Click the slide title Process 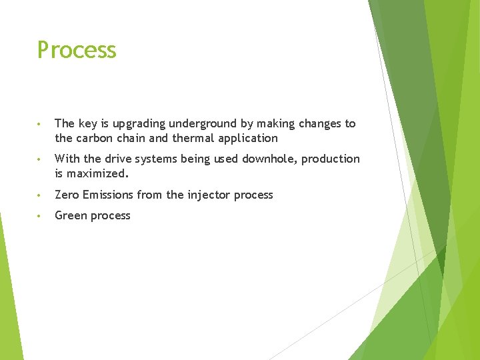pos(77,50)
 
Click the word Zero pos(66,195)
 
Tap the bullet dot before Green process pos(41,216)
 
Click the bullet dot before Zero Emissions pos(41,195)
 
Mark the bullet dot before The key pos(41,124)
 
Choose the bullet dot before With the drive pos(41,159)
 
